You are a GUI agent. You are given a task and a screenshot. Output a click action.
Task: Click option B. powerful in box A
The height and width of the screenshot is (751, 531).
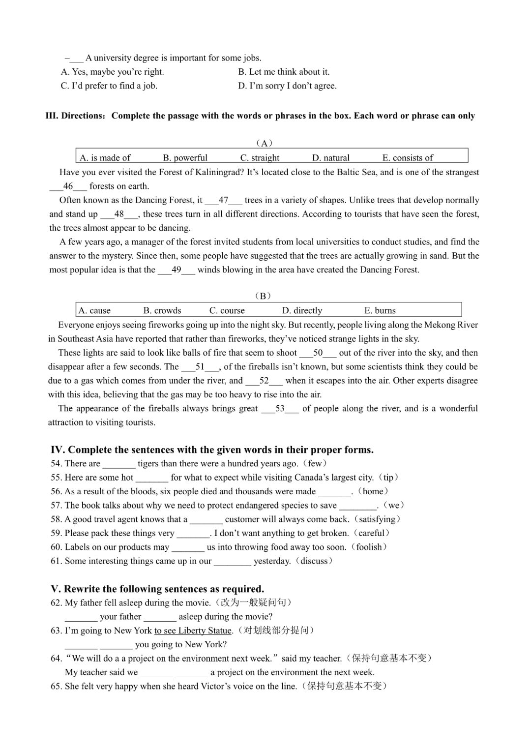pos(185,158)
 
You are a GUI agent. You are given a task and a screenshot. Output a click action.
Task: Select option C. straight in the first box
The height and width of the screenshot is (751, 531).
pos(260,158)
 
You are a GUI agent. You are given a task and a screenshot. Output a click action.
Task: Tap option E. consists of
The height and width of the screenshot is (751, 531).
pos(408,158)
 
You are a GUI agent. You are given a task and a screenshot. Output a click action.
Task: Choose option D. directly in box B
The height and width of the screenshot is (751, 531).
pos(302,310)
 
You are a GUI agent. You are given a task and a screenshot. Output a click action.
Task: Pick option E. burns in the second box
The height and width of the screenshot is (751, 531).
pos(380,310)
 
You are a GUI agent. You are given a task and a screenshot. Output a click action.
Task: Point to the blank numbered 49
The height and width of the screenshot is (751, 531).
pos(176,270)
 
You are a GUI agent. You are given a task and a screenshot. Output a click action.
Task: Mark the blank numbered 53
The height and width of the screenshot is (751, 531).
pos(280,409)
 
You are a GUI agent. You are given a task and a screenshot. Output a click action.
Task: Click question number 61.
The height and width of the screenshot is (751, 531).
pos(56,561)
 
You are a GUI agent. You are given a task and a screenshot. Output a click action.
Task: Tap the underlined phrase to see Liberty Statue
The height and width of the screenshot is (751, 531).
pos(193,631)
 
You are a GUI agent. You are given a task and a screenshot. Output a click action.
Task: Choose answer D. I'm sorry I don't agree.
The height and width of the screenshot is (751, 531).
pos(288,86)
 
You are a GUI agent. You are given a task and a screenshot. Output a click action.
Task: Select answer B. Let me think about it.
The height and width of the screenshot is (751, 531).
pos(284,72)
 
